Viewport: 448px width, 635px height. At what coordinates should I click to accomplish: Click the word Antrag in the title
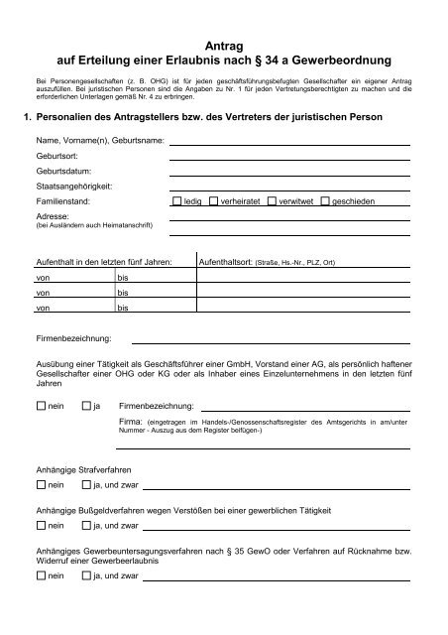(x=224, y=46)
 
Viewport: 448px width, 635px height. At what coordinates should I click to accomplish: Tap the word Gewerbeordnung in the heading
(x=340, y=63)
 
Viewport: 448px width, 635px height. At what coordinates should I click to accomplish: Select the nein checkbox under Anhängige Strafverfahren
(x=40, y=485)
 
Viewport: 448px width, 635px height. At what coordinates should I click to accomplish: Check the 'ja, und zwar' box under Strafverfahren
(x=86, y=485)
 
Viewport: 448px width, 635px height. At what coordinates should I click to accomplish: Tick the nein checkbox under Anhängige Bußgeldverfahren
(x=40, y=526)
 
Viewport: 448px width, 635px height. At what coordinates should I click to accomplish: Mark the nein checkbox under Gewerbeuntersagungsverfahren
(x=40, y=574)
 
